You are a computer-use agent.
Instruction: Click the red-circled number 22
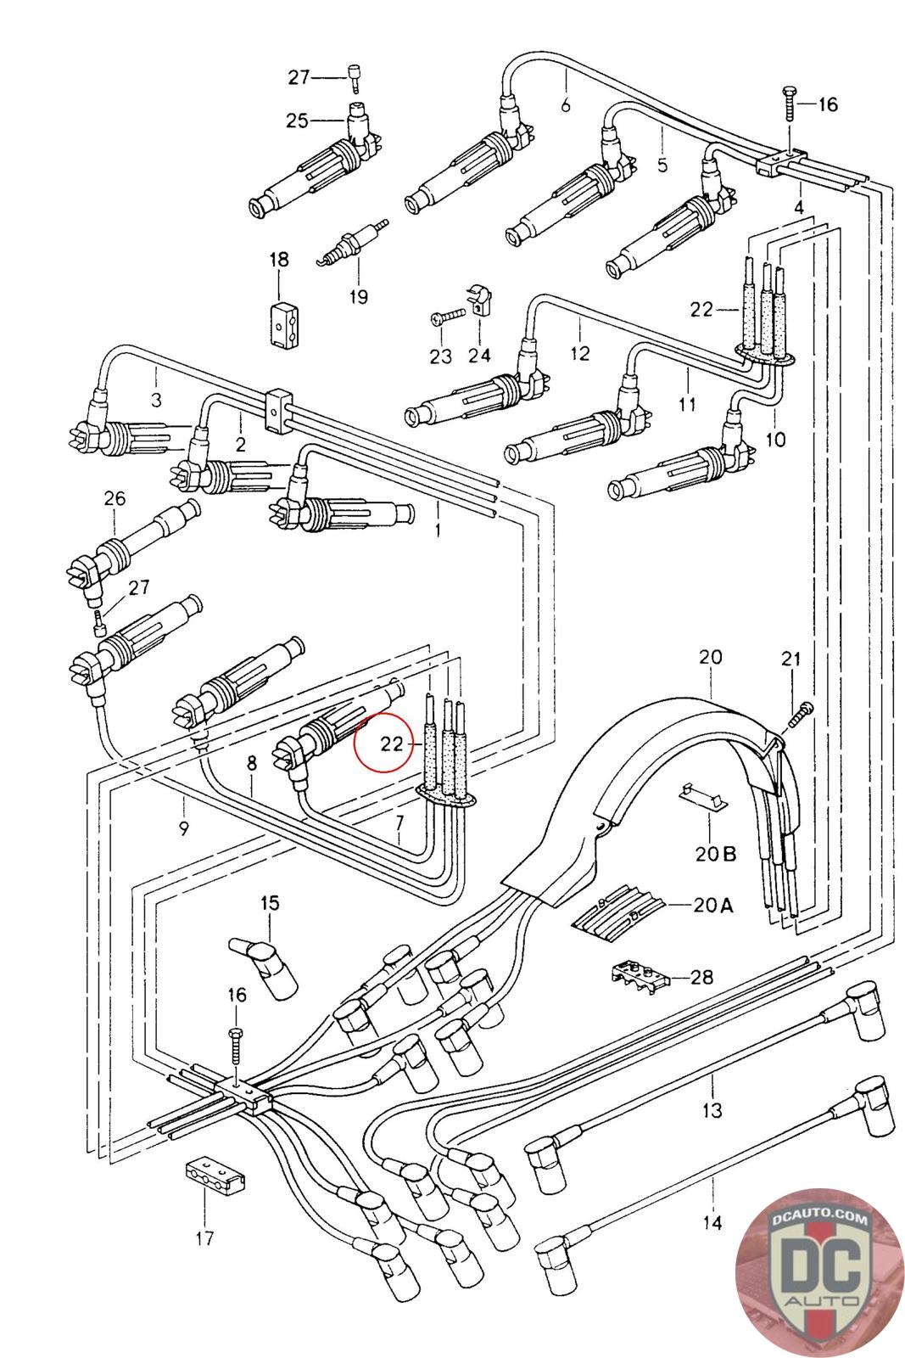(x=392, y=744)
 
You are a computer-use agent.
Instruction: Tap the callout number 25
(x=297, y=121)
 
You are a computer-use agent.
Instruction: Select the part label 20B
(x=716, y=853)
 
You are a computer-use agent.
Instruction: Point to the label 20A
(x=713, y=905)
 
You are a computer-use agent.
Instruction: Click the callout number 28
(x=701, y=978)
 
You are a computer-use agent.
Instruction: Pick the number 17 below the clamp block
(x=204, y=1238)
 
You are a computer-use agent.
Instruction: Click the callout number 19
(x=358, y=296)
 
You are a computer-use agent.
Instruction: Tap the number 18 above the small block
(x=279, y=260)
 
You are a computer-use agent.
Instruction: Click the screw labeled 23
(x=447, y=317)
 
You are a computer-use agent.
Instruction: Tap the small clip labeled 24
(x=479, y=300)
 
